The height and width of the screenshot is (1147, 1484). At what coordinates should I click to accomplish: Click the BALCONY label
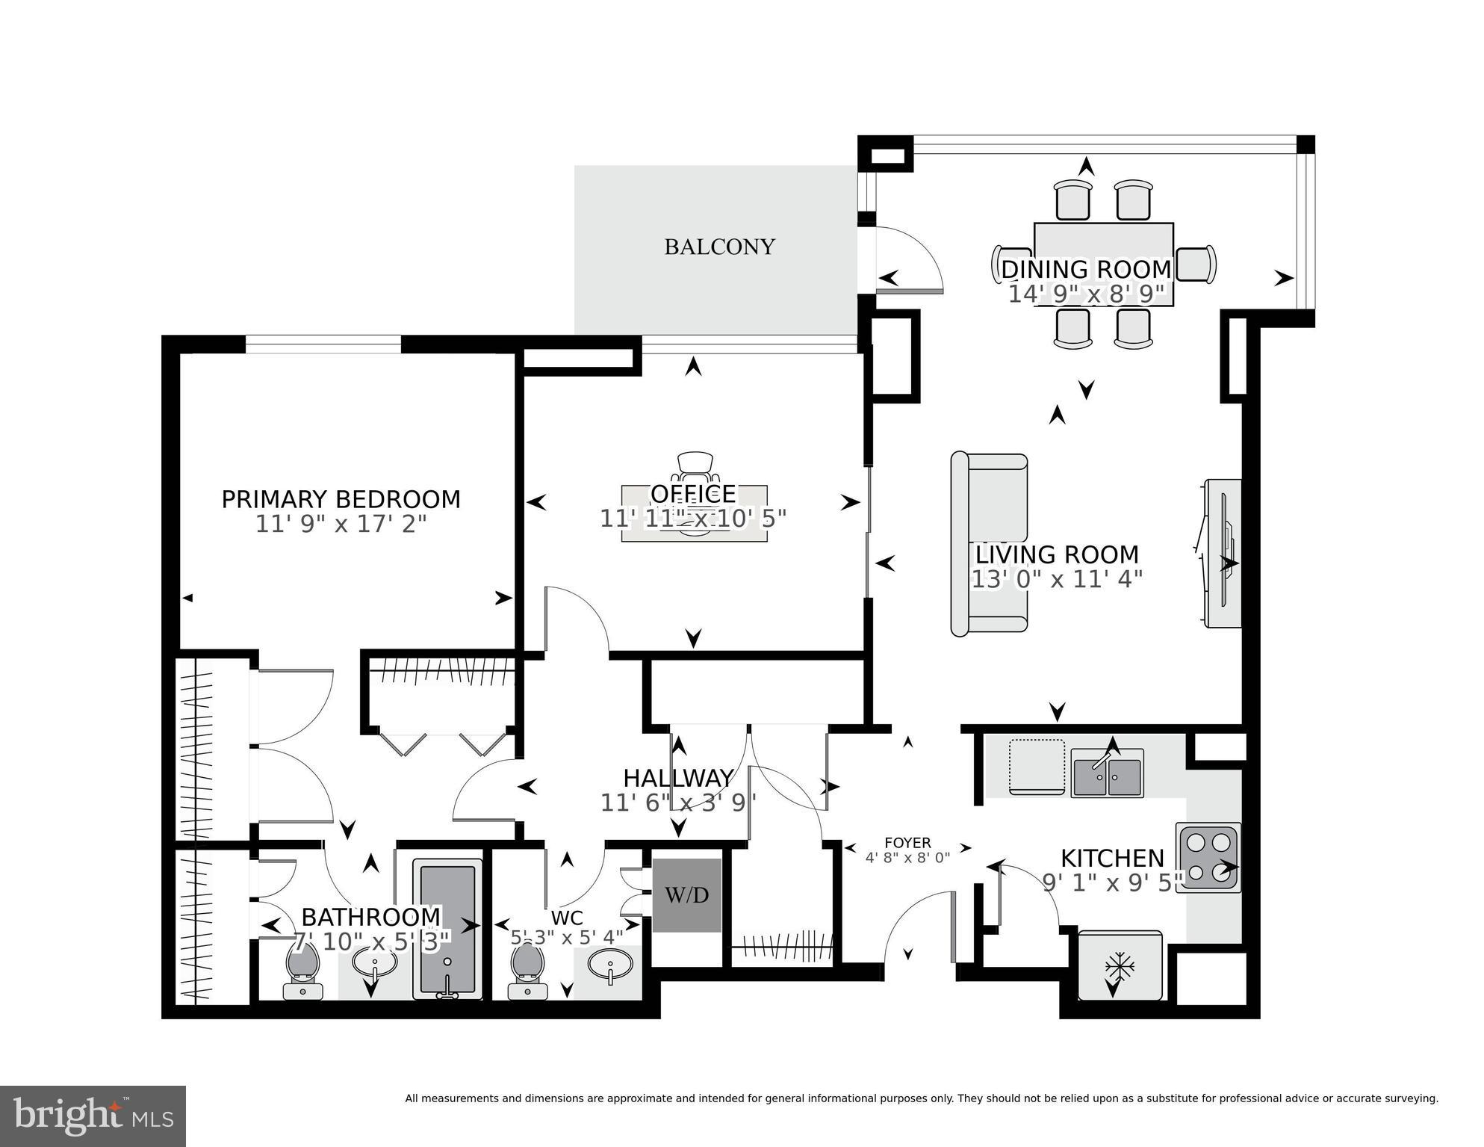click(719, 247)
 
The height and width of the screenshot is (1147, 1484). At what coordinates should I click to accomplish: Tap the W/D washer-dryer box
click(687, 895)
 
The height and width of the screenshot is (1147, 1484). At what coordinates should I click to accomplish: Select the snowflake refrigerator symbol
click(1120, 967)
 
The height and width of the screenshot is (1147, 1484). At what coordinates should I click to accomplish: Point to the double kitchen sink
click(1107, 776)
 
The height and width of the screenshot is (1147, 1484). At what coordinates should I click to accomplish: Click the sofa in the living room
click(988, 544)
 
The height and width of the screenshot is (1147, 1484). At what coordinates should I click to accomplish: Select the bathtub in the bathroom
click(447, 930)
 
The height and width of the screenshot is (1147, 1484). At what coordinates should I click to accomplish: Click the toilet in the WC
click(527, 970)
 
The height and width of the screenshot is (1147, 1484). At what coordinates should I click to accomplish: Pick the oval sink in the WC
click(610, 965)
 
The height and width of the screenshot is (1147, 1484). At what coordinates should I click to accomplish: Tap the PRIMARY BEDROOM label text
click(341, 499)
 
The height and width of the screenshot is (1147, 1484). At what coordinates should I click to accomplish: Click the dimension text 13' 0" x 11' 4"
click(1057, 579)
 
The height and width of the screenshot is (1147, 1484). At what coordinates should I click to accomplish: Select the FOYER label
click(907, 843)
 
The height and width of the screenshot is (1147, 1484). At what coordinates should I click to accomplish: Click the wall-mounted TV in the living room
click(1223, 553)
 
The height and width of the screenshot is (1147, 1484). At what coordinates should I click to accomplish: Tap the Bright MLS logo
click(93, 1116)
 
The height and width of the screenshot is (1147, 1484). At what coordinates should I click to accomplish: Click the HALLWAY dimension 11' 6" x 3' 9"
click(678, 803)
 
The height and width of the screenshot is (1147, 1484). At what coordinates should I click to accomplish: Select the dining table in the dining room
click(1103, 264)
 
